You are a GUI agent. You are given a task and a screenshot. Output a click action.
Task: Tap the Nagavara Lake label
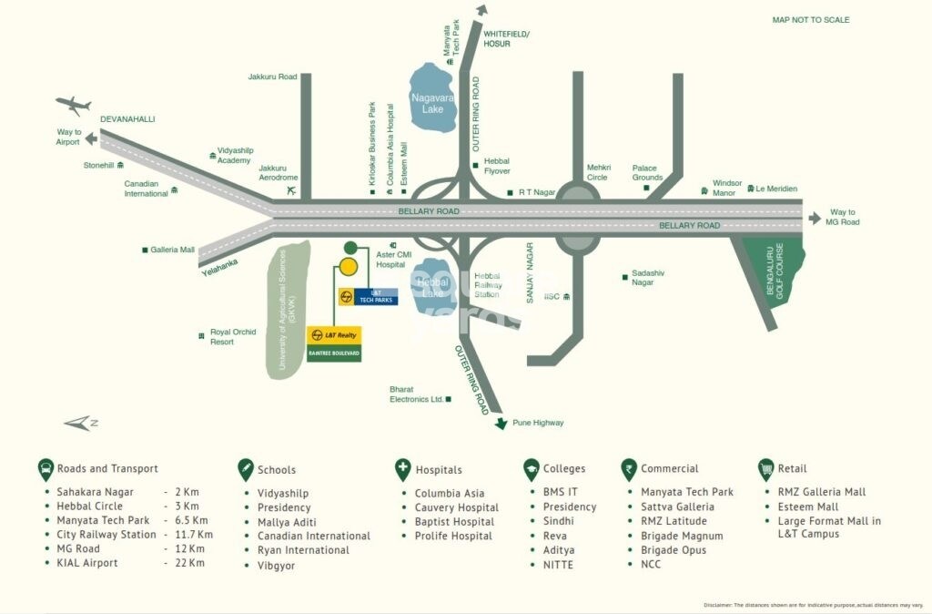(433, 102)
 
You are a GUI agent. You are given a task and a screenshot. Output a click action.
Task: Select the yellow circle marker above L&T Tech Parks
(348, 267)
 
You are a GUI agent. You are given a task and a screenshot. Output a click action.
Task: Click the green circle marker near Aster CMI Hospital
(350, 247)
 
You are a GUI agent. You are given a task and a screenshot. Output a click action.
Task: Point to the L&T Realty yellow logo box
(334, 334)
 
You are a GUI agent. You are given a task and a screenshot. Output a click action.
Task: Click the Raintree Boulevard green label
(334, 353)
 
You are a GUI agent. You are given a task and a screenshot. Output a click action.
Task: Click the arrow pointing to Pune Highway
(500, 422)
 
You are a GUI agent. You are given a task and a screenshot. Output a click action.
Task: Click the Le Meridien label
(776, 189)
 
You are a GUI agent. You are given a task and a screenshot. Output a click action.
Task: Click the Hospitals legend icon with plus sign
(402, 469)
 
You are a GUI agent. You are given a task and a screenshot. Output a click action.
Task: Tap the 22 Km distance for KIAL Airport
(190, 563)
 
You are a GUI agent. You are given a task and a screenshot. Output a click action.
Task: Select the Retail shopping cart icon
(765, 469)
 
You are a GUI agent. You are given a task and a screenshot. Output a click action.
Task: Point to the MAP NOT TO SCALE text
(811, 20)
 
